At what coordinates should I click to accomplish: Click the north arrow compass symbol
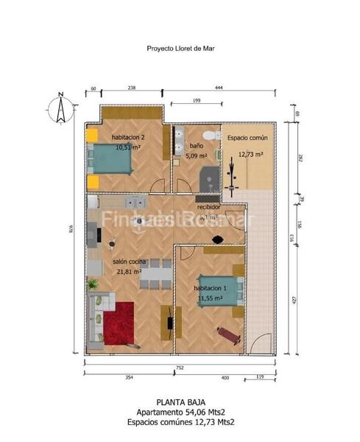(62, 110)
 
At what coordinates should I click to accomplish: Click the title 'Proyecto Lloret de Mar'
(180, 50)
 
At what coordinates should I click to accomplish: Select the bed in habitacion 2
(111, 160)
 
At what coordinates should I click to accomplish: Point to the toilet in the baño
(210, 136)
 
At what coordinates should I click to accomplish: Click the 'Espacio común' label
(247, 138)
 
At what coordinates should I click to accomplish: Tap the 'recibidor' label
(208, 207)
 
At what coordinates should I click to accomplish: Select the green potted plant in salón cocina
(93, 284)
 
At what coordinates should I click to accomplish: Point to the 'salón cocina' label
(129, 262)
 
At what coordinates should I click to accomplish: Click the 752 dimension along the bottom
(179, 366)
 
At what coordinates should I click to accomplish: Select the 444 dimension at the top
(219, 88)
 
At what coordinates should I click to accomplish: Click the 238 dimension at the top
(131, 88)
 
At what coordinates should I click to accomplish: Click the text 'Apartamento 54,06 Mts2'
(180, 413)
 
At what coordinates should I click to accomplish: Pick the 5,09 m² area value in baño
(196, 156)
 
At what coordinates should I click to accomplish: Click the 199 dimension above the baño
(196, 100)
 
